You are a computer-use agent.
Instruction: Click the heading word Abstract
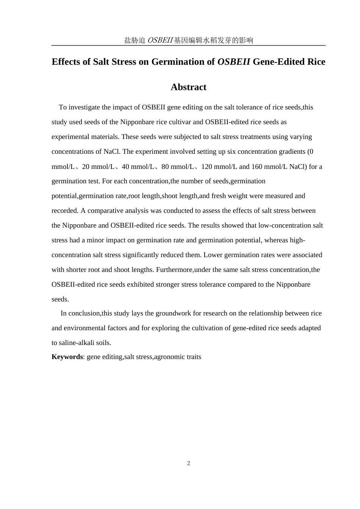[188, 87]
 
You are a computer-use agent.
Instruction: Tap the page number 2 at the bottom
[188, 463]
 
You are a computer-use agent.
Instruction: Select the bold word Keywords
[67, 357]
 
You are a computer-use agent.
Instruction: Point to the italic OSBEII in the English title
[233, 62]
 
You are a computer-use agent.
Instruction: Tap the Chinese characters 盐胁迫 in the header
[135, 40]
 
